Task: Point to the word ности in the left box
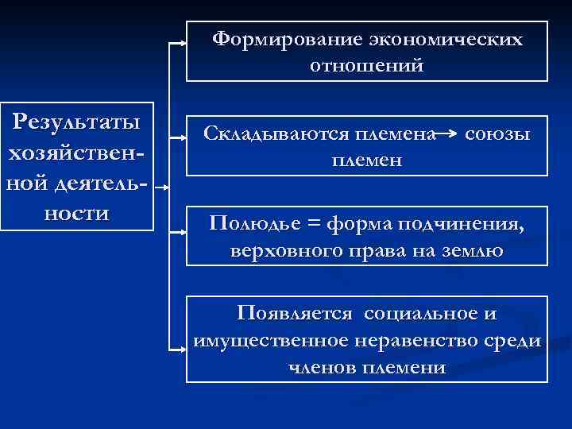coord(76,214)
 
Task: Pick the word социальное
coord(422,313)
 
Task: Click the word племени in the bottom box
coord(404,367)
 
